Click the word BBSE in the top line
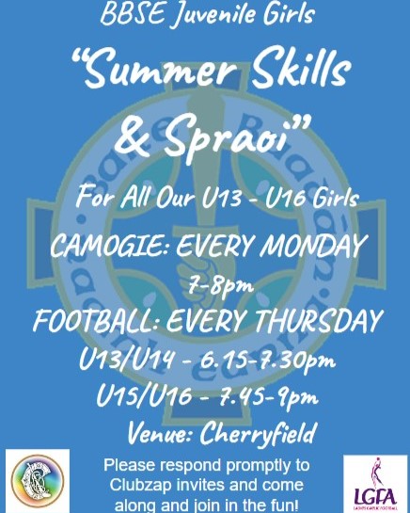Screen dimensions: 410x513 132,14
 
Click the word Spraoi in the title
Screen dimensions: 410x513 230,139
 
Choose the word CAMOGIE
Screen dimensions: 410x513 108,247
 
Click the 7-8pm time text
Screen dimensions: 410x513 221,284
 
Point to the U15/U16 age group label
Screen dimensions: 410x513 144,396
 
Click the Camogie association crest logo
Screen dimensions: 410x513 38,481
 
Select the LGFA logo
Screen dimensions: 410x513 376,484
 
